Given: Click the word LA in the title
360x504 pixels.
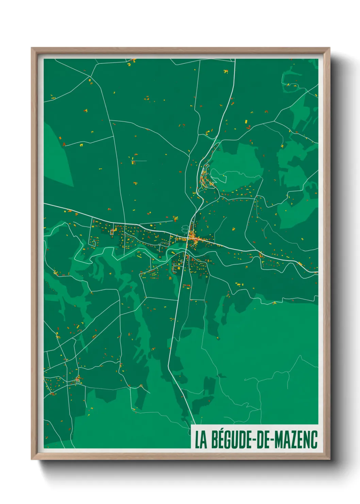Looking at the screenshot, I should tap(201, 440).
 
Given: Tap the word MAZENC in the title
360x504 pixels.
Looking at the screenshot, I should tap(296, 440).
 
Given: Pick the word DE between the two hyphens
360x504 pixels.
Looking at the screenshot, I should tap(263, 440).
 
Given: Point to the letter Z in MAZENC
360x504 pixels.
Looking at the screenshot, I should tap(295, 440).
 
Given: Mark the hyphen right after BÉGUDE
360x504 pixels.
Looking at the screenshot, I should tap(253, 440).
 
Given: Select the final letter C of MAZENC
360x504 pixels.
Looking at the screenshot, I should tap(314, 440).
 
